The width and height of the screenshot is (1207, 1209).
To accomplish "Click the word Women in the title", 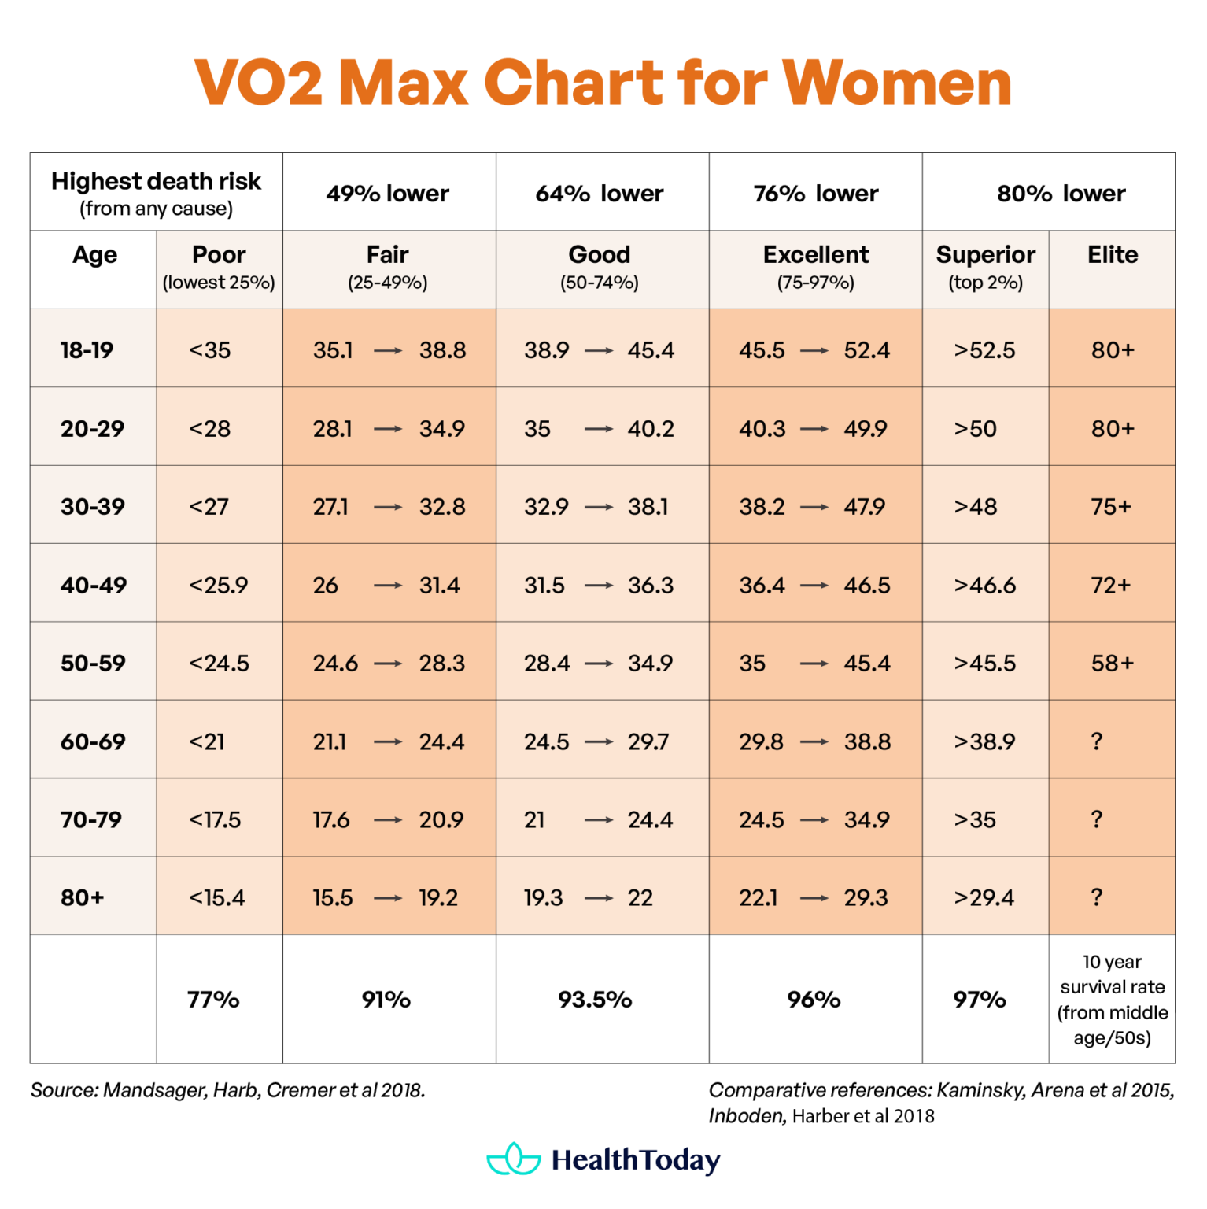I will (896, 83).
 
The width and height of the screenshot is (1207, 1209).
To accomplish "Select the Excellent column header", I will (815, 255).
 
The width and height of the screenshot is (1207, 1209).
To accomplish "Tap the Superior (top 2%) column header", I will (985, 267).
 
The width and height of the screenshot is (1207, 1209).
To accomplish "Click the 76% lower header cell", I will (815, 194).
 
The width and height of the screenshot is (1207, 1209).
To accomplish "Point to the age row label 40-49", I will (93, 585).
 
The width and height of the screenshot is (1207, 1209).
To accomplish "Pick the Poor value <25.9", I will (218, 585).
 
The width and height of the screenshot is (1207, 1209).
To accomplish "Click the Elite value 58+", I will (1112, 663).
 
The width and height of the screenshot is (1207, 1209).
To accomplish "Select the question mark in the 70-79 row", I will (1096, 819).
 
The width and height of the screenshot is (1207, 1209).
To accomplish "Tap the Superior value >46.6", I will (984, 585).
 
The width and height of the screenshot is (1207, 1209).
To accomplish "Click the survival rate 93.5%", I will (595, 1000).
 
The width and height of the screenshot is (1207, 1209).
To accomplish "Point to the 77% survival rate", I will (213, 1000).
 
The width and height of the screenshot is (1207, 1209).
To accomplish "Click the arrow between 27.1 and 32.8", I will (387, 508).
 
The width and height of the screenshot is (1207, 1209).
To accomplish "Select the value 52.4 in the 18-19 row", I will (866, 350).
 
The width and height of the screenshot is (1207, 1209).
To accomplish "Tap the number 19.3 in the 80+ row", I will (544, 898).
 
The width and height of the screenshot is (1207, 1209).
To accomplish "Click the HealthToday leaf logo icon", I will (514, 1159).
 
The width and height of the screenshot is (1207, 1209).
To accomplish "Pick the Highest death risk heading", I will (156, 182).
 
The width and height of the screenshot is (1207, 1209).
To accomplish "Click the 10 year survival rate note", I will (1112, 1000).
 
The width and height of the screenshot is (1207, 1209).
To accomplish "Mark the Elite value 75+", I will (1110, 507).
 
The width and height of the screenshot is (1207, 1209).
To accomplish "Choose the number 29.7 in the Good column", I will (648, 741).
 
